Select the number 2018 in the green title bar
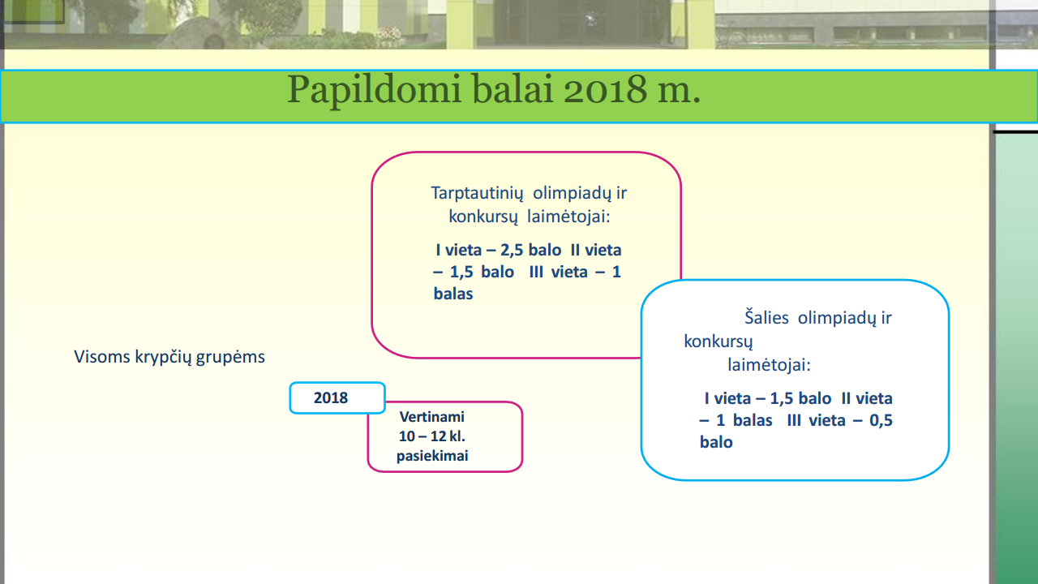tap(605, 89)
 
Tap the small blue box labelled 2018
tap(337, 397)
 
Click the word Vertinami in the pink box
tap(432, 417)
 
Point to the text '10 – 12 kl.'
tap(432, 436)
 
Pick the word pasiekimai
tap(432, 456)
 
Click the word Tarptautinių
tap(477, 194)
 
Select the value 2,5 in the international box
tap(512, 251)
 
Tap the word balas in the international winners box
tap(453, 294)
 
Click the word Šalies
tap(766, 317)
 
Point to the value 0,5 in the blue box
tap(881, 420)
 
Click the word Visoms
tap(102, 357)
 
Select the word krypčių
tap(163, 358)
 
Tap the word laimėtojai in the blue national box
tap(769, 365)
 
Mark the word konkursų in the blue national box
tap(718, 342)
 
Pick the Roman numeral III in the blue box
tap(794, 420)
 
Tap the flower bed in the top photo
tap(387, 36)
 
